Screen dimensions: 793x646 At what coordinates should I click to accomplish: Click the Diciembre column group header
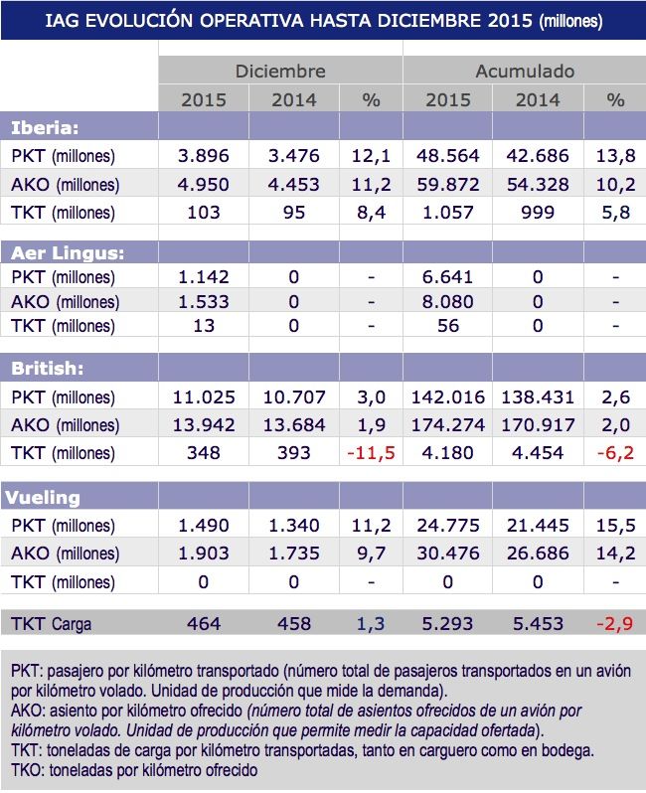(279, 72)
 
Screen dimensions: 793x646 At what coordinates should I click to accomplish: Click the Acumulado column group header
(525, 72)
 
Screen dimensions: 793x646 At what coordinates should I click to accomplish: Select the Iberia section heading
(46, 127)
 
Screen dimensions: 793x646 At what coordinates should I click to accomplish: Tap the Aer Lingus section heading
(63, 249)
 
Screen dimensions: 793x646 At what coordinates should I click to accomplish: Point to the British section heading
(45, 368)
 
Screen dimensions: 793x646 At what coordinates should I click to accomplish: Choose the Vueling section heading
(47, 496)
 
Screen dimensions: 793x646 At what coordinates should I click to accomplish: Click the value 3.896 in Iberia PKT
(203, 156)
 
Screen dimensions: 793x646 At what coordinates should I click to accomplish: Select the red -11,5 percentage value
(370, 454)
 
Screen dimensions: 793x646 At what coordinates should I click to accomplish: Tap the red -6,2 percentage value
(615, 454)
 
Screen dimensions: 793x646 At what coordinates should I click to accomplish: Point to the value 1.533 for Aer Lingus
(203, 302)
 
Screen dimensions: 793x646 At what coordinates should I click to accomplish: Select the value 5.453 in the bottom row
(538, 624)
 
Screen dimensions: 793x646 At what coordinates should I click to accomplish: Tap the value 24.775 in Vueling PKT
(452, 524)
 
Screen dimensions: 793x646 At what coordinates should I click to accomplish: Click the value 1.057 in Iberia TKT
(452, 212)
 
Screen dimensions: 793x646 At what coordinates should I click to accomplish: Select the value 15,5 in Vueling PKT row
(615, 524)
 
